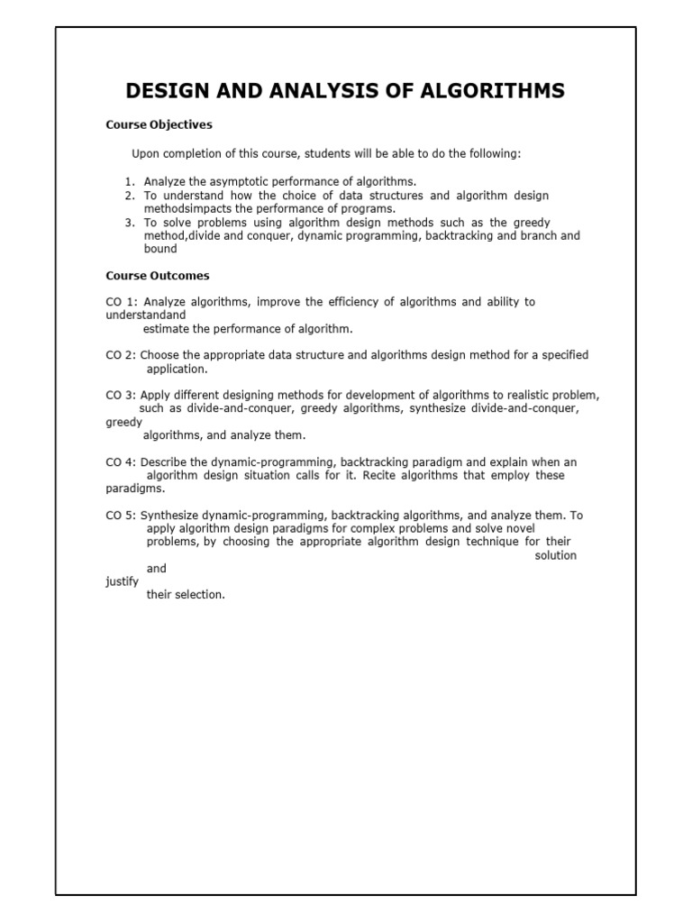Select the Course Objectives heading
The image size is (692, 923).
coord(159,124)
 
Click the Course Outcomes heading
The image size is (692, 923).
coord(158,276)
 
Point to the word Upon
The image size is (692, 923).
coord(147,154)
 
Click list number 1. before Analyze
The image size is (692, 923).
coord(130,181)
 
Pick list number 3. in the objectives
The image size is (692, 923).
coord(130,223)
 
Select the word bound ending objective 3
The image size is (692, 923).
coord(160,250)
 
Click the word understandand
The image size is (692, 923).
coord(146,315)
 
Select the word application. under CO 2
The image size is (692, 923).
coord(177,369)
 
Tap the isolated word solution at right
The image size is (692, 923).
coord(555,555)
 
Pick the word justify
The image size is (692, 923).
coord(122,582)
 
